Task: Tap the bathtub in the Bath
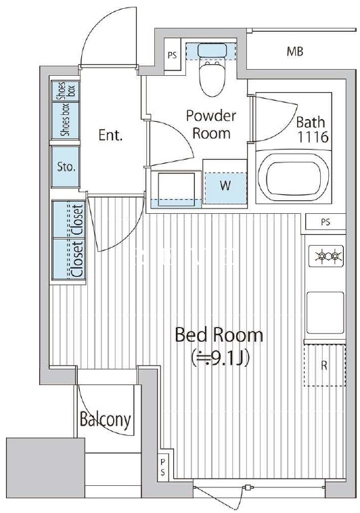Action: pos(293,177)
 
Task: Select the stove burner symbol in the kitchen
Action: pos(325,256)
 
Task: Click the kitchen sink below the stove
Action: pos(325,313)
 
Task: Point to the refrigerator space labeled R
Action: pos(324,365)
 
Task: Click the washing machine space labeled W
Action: pos(225,186)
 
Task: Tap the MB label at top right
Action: pos(295,51)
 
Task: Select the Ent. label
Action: pos(110,135)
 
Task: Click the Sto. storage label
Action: pos(66,167)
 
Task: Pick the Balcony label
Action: pos(106,420)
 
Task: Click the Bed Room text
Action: pos(219,335)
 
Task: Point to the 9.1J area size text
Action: pos(221,359)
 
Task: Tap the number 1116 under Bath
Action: pos(313,137)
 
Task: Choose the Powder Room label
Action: pos(211,125)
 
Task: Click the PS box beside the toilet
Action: pos(172,54)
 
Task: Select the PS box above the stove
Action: pos(325,223)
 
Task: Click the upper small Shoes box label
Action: pos(66,91)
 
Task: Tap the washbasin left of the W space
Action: pos(176,189)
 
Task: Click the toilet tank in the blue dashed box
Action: pos(212,50)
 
